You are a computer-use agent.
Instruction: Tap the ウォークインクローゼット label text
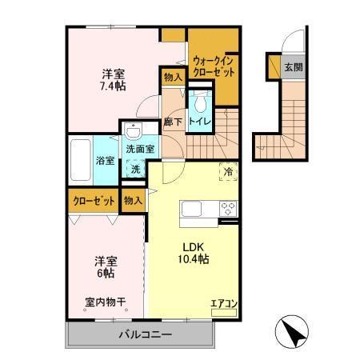click(214, 66)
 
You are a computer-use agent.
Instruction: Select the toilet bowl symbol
click(199, 101)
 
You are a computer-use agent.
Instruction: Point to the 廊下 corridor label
click(173, 122)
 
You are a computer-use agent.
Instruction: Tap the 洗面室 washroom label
click(140, 149)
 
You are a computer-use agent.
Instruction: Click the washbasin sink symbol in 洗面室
click(132, 132)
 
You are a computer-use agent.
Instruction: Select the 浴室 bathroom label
click(106, 161)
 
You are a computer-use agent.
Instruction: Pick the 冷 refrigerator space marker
click(228, 170)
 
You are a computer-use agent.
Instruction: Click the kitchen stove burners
click(228, 210)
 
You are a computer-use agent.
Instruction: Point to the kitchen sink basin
click(195, 210)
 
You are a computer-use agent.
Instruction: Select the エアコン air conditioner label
click(223, 303)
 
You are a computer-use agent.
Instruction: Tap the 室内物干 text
click(105, 302)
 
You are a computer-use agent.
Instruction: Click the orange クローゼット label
click(94, 201)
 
